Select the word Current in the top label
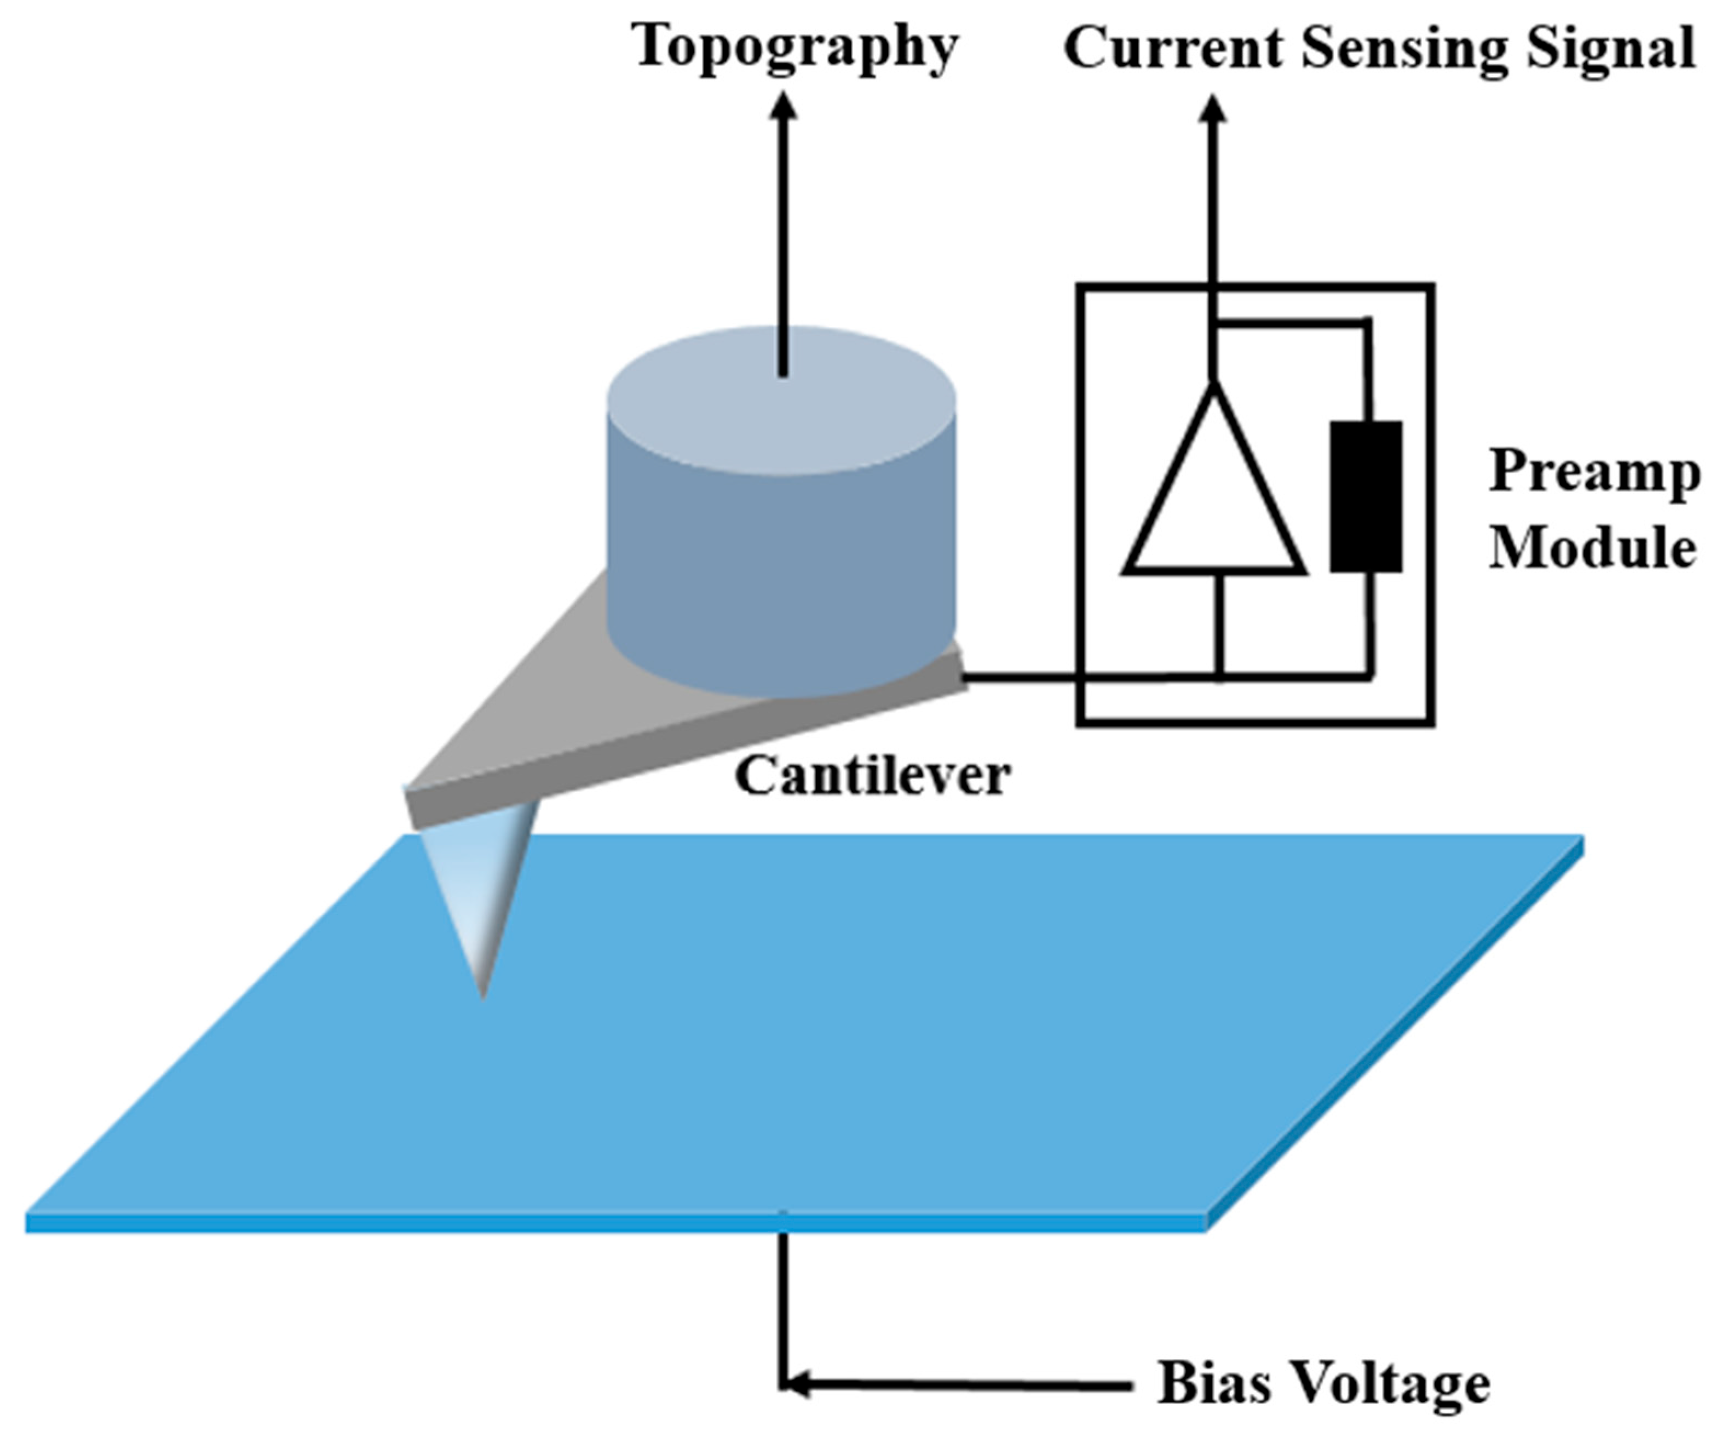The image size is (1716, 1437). [x=1173, y=48]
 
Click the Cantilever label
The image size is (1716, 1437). [x=873, y=775]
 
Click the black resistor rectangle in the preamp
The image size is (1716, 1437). [x=1366, y=496]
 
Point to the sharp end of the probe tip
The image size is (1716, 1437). [x=483, y=997]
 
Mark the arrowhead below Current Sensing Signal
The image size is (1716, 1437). [x=1213, y=110]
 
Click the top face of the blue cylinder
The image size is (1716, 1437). [x=781, y=400]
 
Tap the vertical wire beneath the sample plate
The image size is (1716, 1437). [x=783, y=1308]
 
